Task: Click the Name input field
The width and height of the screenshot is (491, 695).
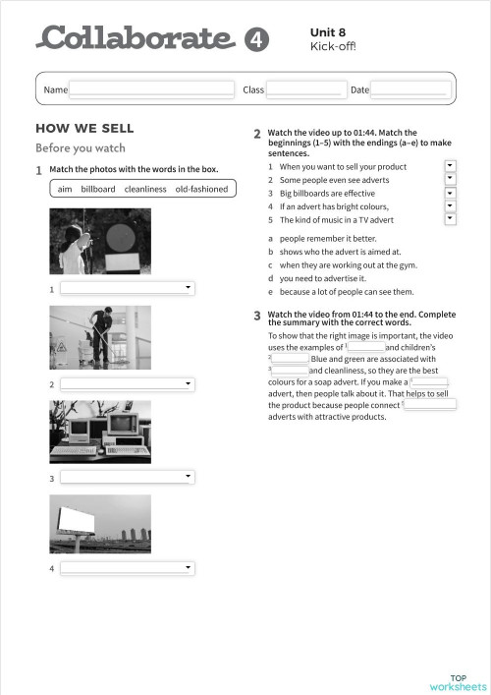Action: tap(151, 89)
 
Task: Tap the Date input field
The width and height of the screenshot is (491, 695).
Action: tap(409, 89)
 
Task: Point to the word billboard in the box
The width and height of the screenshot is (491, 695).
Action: tap(98, 189)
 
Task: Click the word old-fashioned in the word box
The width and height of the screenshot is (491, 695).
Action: tap(201, 189)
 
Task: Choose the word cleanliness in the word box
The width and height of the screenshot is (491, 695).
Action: tap(145, 189)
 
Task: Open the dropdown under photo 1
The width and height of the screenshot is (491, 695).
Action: tap(127, 288)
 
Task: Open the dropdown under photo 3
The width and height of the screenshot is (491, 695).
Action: tap(127, 477)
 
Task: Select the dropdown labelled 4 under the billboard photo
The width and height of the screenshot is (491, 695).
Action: tap(127, 568)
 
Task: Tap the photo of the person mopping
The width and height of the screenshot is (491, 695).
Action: tap(100, 337)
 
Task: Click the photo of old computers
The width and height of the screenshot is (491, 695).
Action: tap(100, 432)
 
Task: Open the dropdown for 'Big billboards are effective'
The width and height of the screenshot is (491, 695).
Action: tap(450, 194)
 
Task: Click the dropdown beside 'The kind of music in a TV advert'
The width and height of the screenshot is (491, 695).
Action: tap(450, 219)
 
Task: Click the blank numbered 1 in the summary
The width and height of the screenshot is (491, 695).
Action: tap(366, 347)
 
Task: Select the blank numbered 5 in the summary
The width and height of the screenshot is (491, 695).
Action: tap(430, 403)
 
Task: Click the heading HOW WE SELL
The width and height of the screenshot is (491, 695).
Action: tap(84, 129)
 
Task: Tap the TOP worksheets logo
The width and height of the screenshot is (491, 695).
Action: tap(458, 682)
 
